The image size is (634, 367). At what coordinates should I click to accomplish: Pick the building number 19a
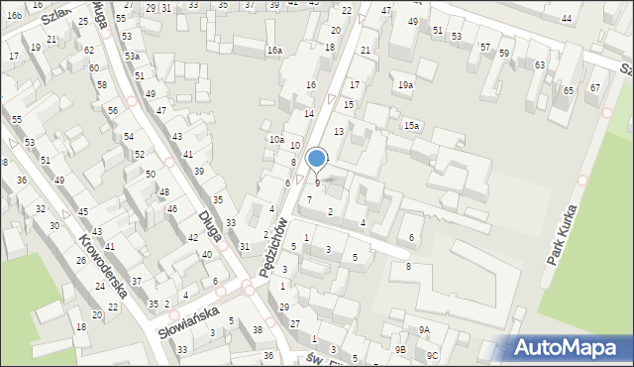pyautogui.click(x=405, y=85)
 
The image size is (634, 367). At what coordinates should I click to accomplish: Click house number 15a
pyautogui.click(x=411, y=126)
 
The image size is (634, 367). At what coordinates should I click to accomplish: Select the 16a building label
pyautogui.click(x=274, y=51)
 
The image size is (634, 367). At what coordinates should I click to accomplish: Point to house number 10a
pyautogui.click(x=276, y=140)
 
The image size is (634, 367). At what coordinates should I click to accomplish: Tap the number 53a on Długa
pyautogui.click(x=132, y=58)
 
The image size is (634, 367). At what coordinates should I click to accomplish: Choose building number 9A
pyautogui.click(x=424, y=330)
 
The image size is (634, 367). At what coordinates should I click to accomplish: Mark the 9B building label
pyautogui.click(x=400, y=350)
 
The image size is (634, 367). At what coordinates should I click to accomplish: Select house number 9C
pyautogui.click(x=432, y=355)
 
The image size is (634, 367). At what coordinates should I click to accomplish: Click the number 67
pyautogui.click(x=594, y=88)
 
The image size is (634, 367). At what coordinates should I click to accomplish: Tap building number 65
pyautogui.click(x=568, y=91)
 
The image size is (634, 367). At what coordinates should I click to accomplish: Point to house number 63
pyautogui.click(x=540, y=65)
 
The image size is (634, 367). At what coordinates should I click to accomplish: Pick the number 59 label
pyautogui.click(x=504, y=54)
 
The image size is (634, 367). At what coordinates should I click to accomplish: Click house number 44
pyautogui.click(x=567, y=19)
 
